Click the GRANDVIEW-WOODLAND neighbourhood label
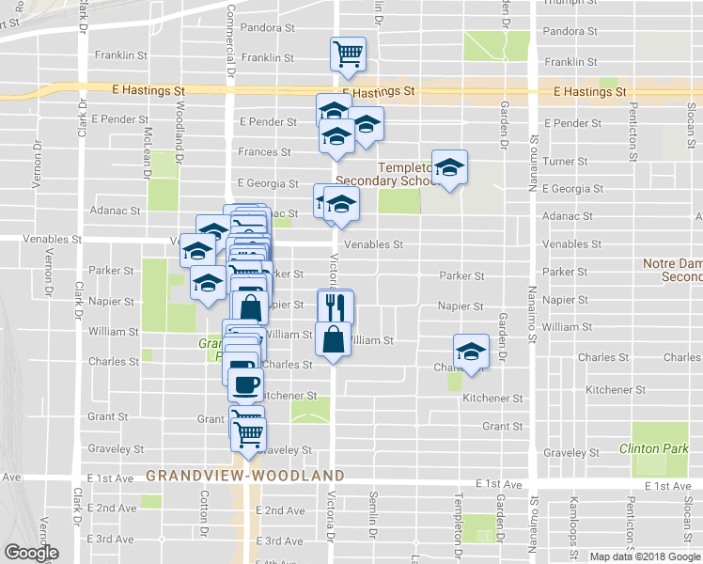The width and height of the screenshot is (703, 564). tap(245, 476)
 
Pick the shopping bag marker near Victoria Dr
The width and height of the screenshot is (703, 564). tap(334, 337)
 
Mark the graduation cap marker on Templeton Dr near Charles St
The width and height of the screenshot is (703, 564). tap(471, 352)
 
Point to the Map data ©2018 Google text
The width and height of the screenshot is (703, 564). tap(644, 556)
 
